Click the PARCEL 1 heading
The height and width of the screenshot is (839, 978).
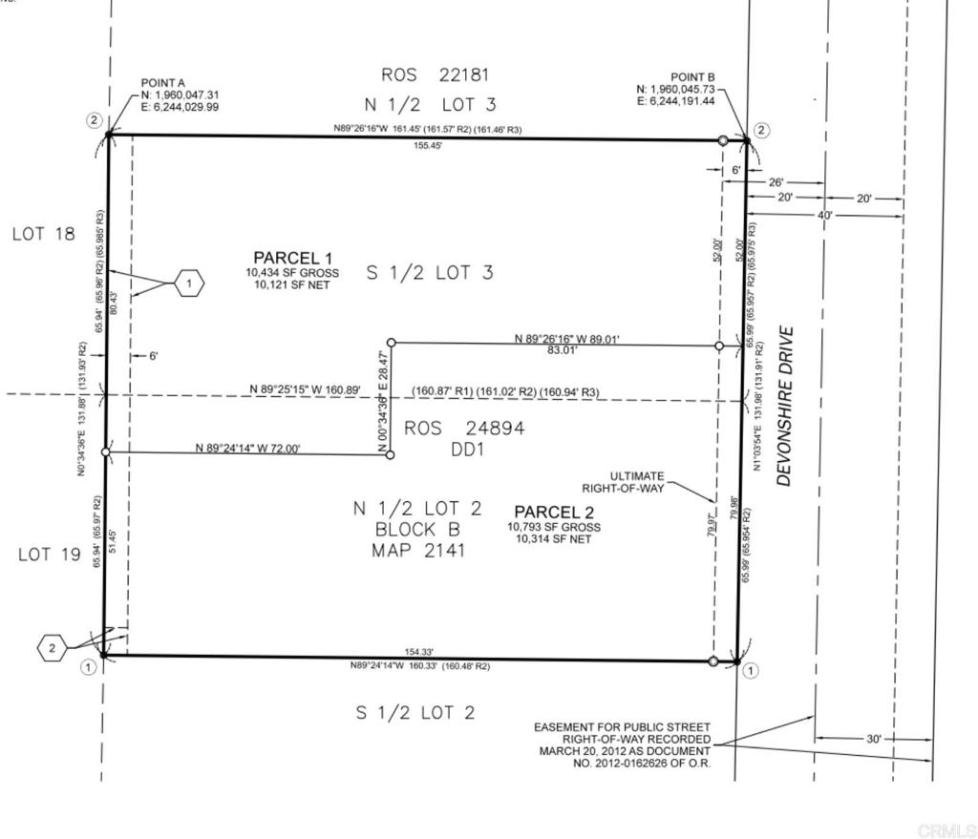coord(292,258)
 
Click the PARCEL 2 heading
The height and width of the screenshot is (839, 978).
coord(554,512)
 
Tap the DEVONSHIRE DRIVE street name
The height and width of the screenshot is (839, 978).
coord(785,407)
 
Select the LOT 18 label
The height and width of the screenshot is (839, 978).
coord(43,234)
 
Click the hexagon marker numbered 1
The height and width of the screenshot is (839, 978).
coord(189,283)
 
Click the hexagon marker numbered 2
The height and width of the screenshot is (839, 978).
coord(53,649)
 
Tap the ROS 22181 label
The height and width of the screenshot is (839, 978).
coord(440,74)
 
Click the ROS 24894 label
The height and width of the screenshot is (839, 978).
coord(464,429)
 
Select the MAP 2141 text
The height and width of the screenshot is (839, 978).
coord(419,551)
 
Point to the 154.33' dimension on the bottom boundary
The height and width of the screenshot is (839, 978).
coord(419,651)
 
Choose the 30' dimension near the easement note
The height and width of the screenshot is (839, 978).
coord(873,739)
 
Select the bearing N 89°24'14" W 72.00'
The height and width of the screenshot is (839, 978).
coord(247,447)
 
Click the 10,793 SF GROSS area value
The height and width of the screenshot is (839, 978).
coord(554,527)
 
